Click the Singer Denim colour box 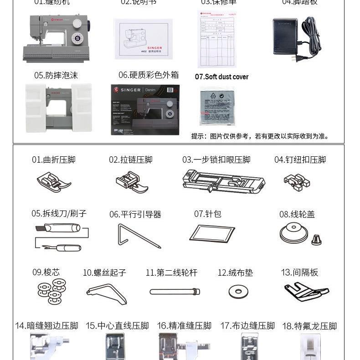(145, 109)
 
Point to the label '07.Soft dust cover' (221, 77)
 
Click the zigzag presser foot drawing (54, 182)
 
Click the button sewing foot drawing (297, 181)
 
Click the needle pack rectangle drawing (212, 233)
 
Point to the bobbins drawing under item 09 (52, 291)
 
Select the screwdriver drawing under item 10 (107, 293)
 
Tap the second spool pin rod (175, 291)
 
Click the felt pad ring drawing (238, 292)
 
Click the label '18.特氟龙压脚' (309, 326)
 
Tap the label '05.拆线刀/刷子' (59, 213)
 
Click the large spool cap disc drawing (293, 234)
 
